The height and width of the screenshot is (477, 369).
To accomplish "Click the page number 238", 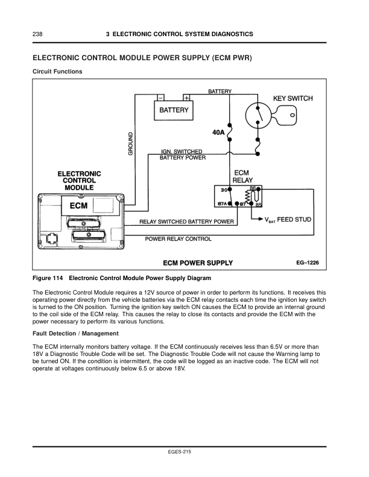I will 37,34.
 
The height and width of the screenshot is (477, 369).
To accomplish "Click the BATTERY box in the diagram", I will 174,111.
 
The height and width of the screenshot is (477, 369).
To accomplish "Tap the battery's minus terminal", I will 161,98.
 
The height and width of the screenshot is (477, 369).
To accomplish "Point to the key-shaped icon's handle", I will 288,114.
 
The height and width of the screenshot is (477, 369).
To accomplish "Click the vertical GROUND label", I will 131,145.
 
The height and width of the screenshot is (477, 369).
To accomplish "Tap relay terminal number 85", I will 259,205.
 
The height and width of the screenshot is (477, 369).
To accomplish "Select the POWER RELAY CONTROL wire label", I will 178,239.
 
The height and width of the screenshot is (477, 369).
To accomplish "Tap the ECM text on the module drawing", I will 78,205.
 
